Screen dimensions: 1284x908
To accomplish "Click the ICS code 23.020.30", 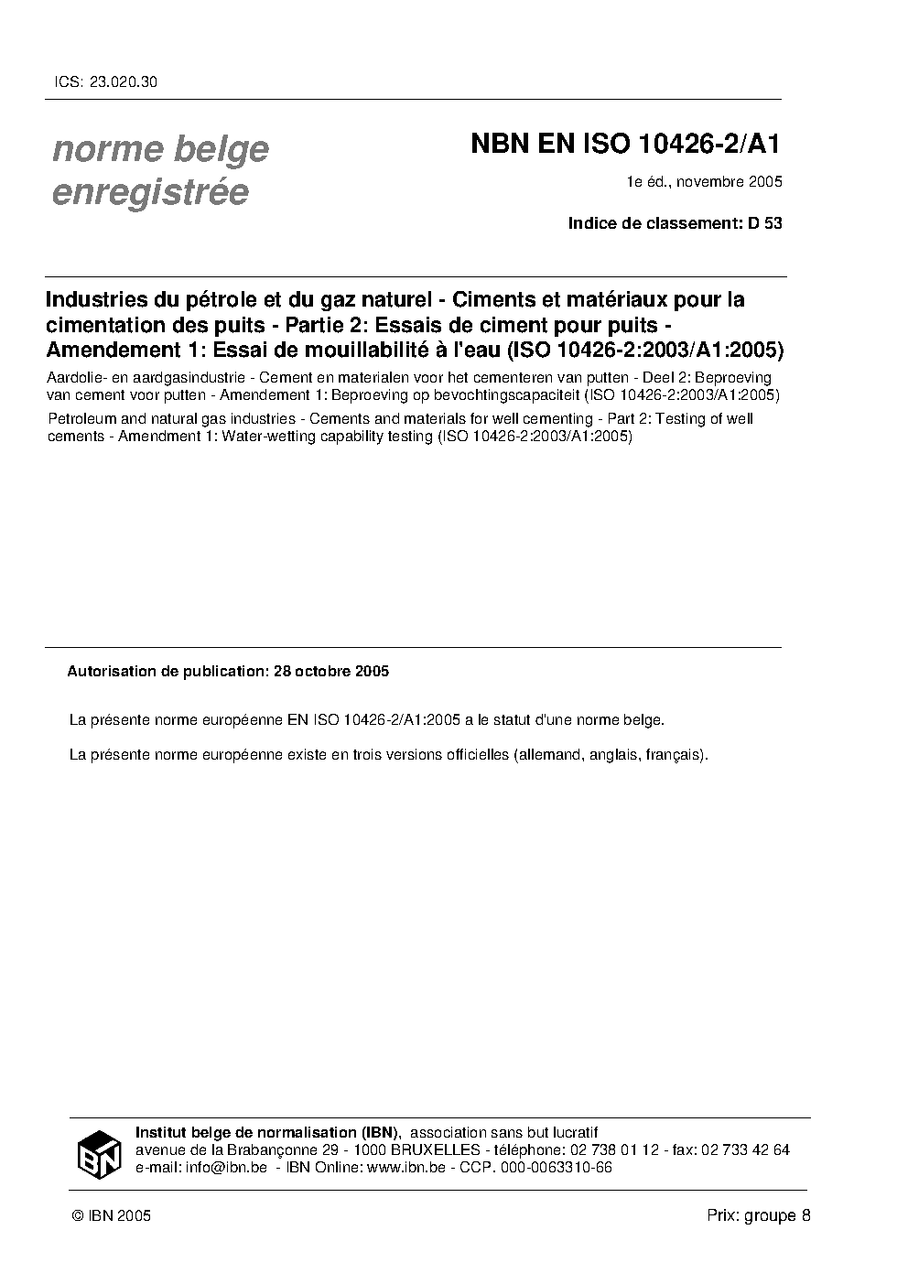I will coord(124,81).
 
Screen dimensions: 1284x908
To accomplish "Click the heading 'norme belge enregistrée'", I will coord(160,170).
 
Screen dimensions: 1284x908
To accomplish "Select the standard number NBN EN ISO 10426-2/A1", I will coord(626,146).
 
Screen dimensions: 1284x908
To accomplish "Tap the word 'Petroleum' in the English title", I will coord(78,418).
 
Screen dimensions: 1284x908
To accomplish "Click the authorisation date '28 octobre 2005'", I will coord(330,671).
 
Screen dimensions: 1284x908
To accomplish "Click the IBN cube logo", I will coord(99,1153).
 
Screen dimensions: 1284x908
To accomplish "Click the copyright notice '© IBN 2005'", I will coord(111,1215).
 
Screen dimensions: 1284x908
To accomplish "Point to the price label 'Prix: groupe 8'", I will coord(759,1215).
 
